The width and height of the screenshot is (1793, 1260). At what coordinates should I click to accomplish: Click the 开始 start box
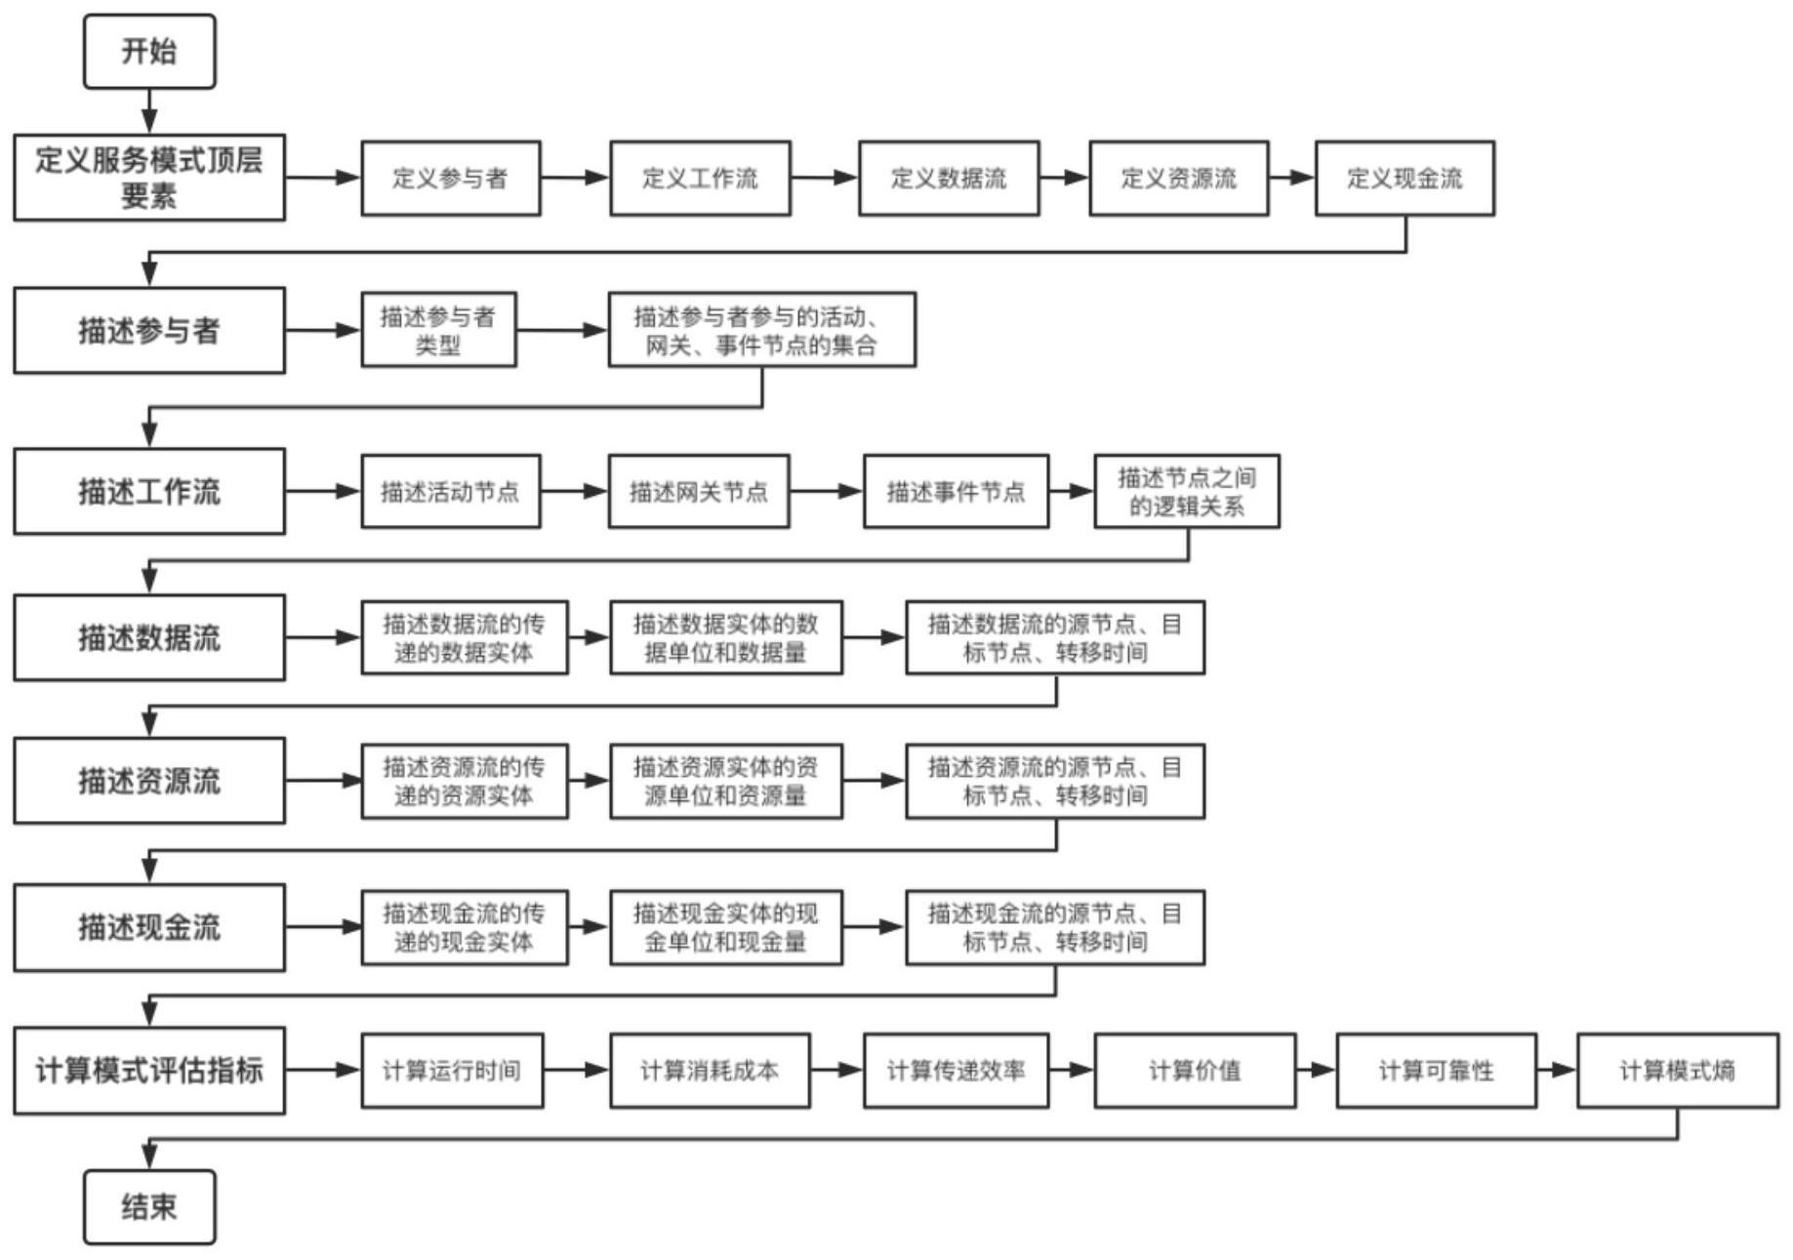click(x=149, y=52)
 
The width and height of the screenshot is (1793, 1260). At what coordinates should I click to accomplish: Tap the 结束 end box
click(x=149, y=1207)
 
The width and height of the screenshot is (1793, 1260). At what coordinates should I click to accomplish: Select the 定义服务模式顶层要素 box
click(x=149, y=178)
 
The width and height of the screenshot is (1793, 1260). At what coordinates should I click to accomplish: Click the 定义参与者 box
click(x=451, y=178)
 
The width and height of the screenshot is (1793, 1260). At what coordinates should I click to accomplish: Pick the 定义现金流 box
click(x=1405, y=178)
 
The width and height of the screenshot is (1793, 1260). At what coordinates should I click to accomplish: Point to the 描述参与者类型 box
click(x=438, y=330)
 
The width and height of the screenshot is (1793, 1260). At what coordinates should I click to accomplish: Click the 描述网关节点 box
click(x=699, y=492)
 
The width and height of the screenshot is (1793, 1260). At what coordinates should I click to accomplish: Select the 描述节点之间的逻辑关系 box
click(x=1187, y=492)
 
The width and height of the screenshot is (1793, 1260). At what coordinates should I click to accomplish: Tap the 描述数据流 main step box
click(x=149, y=637)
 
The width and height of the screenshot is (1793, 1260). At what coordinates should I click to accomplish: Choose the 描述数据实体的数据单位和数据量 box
click(x=726, y=637)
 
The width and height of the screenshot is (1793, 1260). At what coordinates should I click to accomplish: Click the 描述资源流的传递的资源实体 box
click(x=465, y=781)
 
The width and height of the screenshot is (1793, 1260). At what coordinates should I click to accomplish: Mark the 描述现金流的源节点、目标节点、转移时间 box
click(x=1055, y=927)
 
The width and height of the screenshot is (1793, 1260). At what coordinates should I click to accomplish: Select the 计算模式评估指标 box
click(x=149, y=1071)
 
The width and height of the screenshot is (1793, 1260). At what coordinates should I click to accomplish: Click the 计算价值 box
click(x=1195, y=1071)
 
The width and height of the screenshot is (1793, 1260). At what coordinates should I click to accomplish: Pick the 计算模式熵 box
click(x=1678, y=1071)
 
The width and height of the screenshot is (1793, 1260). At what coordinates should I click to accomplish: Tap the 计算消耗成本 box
click(x=710, y=1071)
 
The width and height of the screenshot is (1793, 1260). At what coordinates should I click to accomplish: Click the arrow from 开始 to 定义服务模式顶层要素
click(x=149, y=111)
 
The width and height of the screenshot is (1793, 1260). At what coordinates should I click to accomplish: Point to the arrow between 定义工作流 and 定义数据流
click(x=825, y=178)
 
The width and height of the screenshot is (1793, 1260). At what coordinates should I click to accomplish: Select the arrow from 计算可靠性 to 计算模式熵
click(x=1557, y=1071)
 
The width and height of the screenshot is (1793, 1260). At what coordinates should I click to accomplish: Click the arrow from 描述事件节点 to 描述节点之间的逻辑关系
click(x=1072, y=492)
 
